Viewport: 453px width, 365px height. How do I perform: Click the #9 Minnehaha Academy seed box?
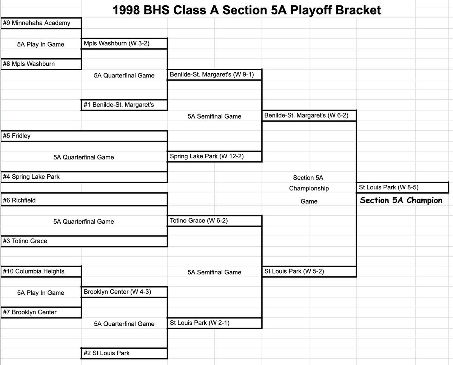[x=37, y=23]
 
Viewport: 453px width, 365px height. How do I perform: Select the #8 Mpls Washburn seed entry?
[x=29, y=64]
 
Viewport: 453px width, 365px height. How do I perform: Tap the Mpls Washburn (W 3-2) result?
[x=117, y=43]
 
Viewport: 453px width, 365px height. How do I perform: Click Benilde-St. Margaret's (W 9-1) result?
[x=212, y=74]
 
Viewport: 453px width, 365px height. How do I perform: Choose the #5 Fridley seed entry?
[x=17, y=136]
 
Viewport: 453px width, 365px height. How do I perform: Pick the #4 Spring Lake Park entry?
[x=31, y=177]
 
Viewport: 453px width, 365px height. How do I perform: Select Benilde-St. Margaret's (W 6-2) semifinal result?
[x=306, y=115]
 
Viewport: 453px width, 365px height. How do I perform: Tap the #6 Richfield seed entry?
[x=19, y=200]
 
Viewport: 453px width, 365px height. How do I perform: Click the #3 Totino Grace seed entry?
[x=25, y=241]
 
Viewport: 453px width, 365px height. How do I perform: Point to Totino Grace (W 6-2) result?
[x=199, y=221]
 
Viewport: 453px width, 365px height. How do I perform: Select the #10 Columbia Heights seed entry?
[x=34, y=271]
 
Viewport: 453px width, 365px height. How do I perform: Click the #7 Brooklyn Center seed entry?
[x=29, y=312]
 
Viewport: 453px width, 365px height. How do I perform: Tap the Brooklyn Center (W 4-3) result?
[x=117, y=292]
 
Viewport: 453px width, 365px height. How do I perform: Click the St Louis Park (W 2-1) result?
[x=200, y=323]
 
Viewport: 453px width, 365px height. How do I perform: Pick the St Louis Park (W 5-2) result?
[x=294, y=271]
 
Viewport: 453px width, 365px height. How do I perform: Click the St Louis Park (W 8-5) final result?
[x=388, y=187]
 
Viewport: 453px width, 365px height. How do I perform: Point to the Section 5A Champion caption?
[x=401, y=201]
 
